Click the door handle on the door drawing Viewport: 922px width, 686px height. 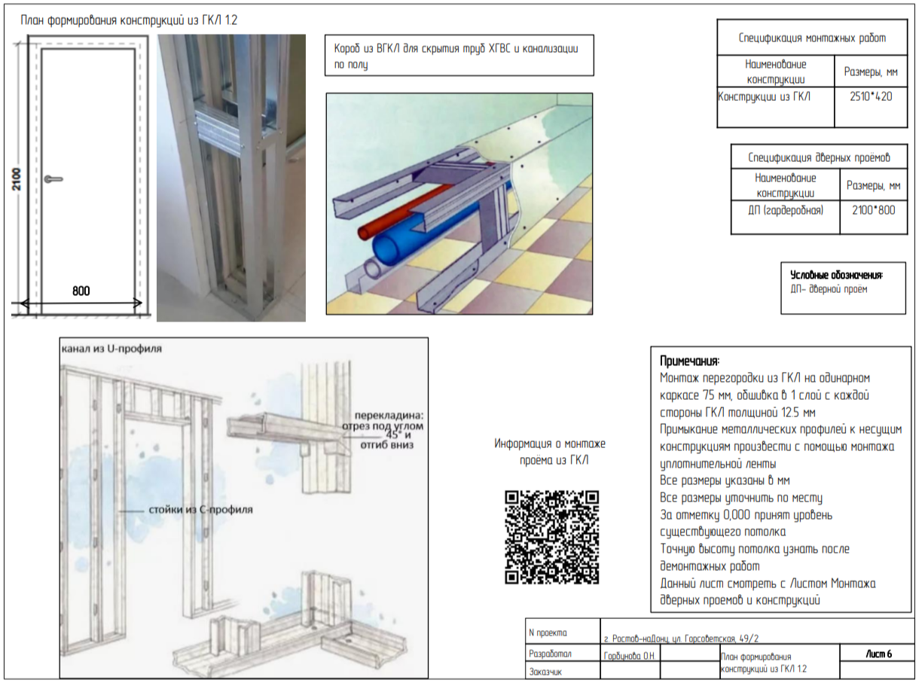pos(53,179)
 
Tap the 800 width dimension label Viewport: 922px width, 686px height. pos(81,291)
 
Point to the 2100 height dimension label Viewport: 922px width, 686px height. pos(17,179)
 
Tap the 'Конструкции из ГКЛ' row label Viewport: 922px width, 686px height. pos(764,97)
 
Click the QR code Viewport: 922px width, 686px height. pos(552,537)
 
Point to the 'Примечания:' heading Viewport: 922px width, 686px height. pos(690,361)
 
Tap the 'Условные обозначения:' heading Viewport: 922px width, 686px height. pos(836,275)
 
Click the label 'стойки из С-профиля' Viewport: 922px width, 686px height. pos(201,509)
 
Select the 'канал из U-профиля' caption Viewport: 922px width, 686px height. pos(111,349)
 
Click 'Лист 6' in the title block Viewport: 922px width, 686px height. pos(879,654)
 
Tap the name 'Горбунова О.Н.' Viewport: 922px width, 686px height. pos(629,656)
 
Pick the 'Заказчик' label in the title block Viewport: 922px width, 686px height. pos(545,672)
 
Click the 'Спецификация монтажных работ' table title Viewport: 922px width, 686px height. pos(812,38)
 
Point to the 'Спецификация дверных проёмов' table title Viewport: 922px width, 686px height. pos(819,157)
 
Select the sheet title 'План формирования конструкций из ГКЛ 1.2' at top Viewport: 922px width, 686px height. pos(129,20)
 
